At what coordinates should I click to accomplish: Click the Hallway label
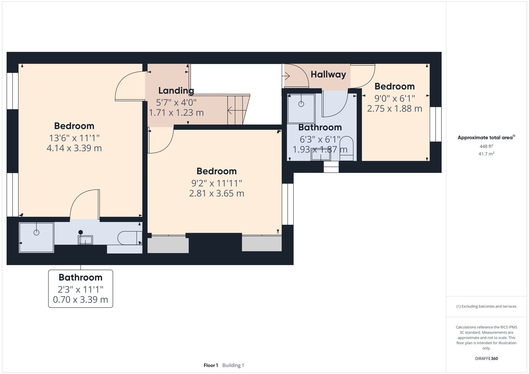point(328,75)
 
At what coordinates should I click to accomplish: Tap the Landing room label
point(176,91)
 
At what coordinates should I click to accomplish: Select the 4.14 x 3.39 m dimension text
point(74,148)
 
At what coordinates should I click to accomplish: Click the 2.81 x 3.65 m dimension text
point(216,193)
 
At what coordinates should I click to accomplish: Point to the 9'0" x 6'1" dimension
point(394,99)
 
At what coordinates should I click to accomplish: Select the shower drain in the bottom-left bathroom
point(37,232)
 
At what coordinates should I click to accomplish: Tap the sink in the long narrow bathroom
point(85,240)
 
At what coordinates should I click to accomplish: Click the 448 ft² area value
point(486,146)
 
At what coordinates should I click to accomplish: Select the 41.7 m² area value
point(486,154)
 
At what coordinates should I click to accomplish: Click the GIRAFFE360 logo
point(486,359)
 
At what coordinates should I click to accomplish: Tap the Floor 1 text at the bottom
point(211,365)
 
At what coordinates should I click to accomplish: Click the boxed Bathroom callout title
point(80,278)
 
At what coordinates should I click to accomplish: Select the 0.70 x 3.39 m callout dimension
point(80,300)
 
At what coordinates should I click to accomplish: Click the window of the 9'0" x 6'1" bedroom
point(435,124)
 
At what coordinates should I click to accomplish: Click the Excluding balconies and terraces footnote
point(486,306)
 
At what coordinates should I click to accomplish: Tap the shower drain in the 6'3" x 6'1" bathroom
point(301,104)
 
